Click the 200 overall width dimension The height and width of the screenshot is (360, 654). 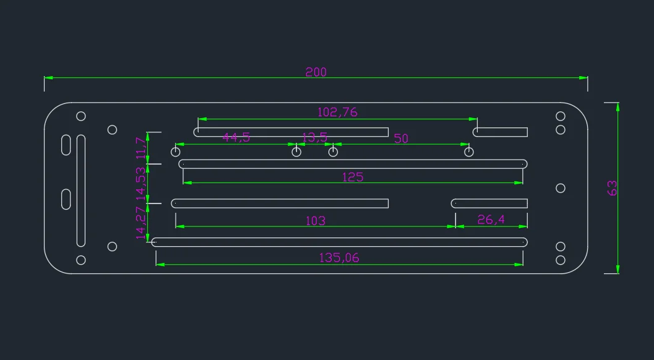(316, 72)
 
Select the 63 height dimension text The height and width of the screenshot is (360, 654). (613, 187)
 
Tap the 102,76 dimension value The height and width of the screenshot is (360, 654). (337, 112)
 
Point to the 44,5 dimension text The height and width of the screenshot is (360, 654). (236, 137)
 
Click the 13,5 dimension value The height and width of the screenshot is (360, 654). (314, 137)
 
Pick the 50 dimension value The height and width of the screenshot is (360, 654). (401, 138)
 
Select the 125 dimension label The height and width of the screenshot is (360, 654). (353, 177)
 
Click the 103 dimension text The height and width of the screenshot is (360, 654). (316, 220)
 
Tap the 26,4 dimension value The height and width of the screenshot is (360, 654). (491, 220)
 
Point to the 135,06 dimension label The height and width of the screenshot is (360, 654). (339, 258)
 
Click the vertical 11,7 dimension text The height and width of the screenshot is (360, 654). (141, 148)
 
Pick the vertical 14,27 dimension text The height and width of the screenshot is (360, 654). (141, 223)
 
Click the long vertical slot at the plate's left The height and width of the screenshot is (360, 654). (81, 191)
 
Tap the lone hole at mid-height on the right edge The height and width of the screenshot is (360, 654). (561, 187)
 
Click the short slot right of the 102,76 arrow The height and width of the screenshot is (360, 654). (501, 132)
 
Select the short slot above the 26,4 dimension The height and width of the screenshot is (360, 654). (489, 204)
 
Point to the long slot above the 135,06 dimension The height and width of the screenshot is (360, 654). (339, 242)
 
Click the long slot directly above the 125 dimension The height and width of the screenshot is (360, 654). (353, 164)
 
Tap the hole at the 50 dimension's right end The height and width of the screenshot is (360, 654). (469, 152)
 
